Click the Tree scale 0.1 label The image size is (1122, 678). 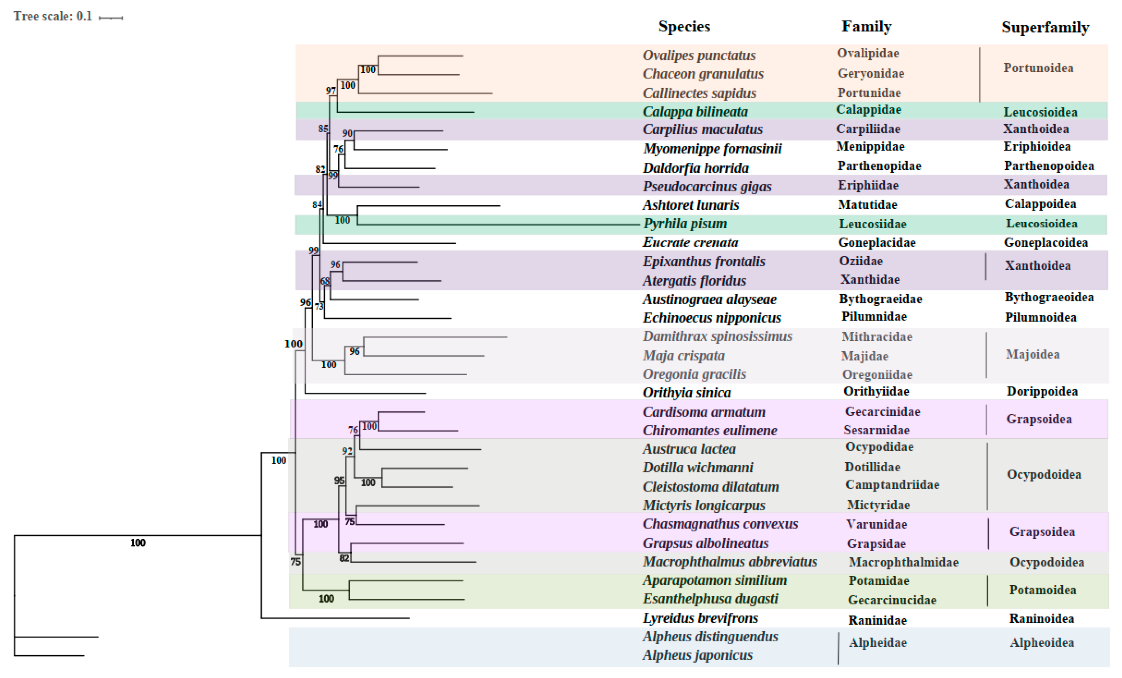click(52, 16)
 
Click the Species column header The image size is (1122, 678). click(684, 27)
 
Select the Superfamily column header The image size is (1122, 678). click(1045, 27)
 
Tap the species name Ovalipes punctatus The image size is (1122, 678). click(699, 56)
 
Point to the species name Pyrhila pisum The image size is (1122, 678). click(685, 224)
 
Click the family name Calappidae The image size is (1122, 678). click(868, 110)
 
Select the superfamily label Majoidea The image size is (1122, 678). click(1032, 354)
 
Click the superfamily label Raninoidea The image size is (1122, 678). click(1041, 619)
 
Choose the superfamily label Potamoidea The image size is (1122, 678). click(1042, 590)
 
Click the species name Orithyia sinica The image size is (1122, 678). click(687, 393)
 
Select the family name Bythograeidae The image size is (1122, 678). click(880, 299)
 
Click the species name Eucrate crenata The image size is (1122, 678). click(690, 242)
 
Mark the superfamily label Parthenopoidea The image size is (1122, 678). click(1049, 166)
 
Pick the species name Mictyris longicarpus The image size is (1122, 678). click(704, 505)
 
